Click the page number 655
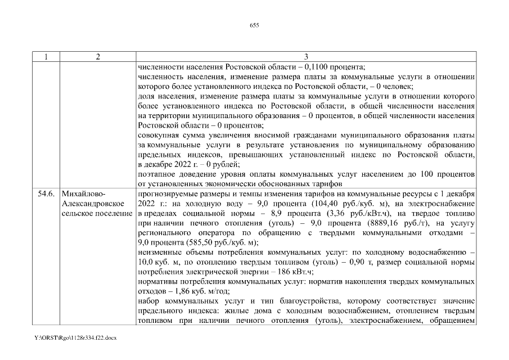254,25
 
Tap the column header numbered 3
305,57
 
